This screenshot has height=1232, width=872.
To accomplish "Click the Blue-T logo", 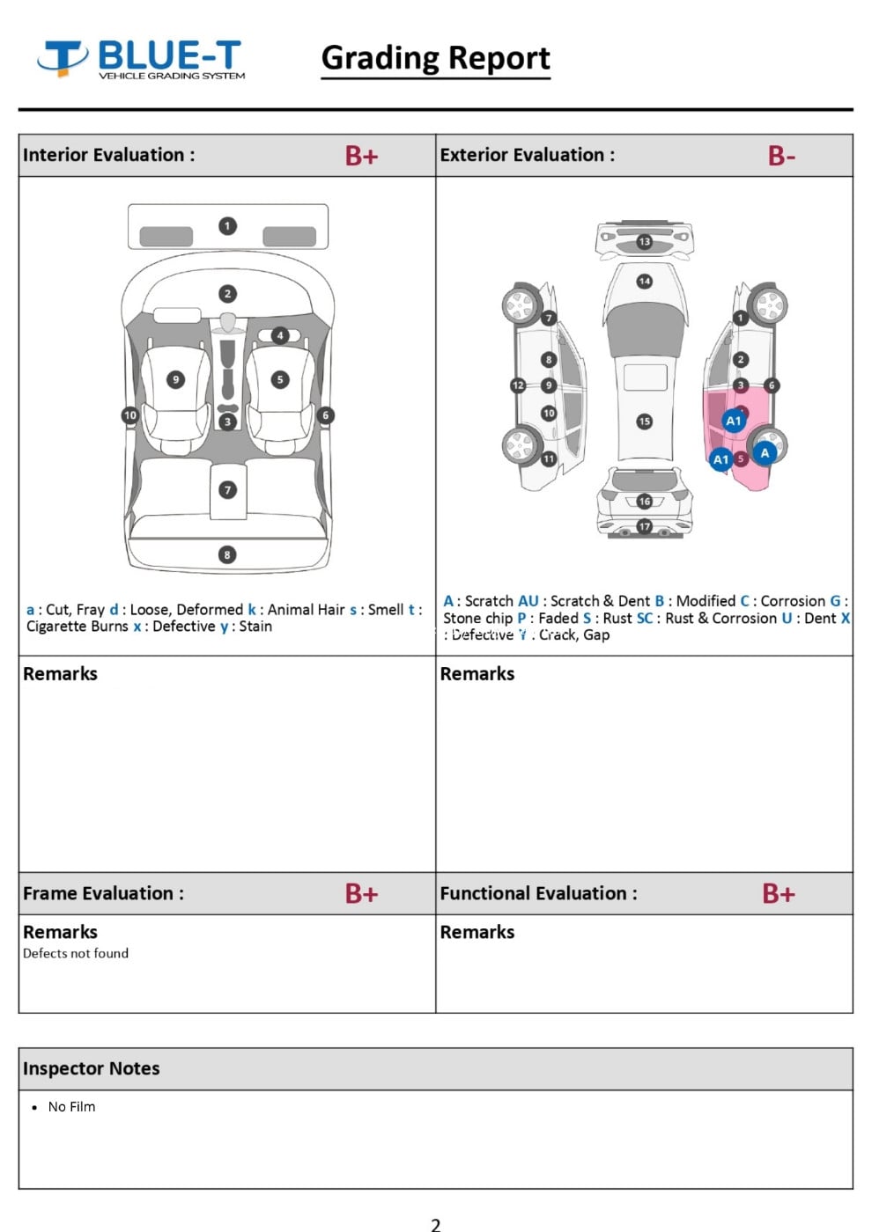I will pos(141,59).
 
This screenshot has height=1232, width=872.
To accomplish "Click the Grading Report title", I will pos(435,58).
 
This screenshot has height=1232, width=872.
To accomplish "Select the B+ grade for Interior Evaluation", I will pos(361,156).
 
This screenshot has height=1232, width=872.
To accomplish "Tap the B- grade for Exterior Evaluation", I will pos(781,156).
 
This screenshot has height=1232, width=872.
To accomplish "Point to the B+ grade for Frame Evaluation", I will pos(361,894).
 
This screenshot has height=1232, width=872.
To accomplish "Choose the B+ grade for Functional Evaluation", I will pos(779,894).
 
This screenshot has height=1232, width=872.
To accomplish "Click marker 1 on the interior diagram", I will pos(227,226).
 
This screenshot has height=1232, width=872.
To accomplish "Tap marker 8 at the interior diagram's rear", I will pos(227,554).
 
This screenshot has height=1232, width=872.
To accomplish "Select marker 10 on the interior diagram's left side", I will pos(130,415).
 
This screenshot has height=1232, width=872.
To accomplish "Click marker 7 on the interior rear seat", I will pos(227,489).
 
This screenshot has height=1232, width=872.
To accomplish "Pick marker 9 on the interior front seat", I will pos(176,379).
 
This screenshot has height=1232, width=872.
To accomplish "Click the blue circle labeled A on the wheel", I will pos(765,452).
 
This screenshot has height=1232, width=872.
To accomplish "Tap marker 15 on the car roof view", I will pos(645,422).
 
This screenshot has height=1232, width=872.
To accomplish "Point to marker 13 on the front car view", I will pos(645,241).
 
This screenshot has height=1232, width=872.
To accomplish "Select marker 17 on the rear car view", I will pos(645,526).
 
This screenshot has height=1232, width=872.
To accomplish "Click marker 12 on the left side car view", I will pos(518,385).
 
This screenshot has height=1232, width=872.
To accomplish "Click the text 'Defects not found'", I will pos(76,953).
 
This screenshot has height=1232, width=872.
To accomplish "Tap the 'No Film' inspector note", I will pos(71,1107).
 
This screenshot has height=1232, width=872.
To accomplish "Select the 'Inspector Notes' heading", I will pos(92,1068).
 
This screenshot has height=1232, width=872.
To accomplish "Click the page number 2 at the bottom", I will pos(435,1223).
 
